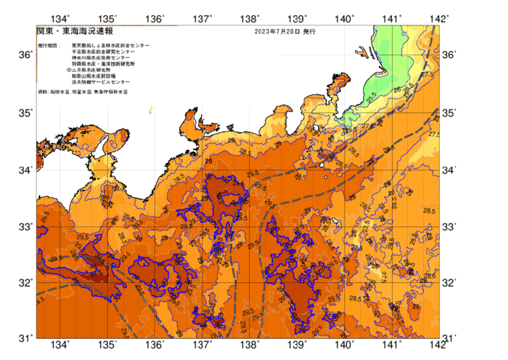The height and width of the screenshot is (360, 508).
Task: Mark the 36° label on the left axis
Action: pyautogui.click(x=25, y=55)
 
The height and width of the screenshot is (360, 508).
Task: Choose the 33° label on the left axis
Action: pyautogui.click(x=25, y=226)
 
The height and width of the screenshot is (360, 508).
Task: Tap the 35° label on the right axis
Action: pyautogui.click(x=450, y=113)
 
